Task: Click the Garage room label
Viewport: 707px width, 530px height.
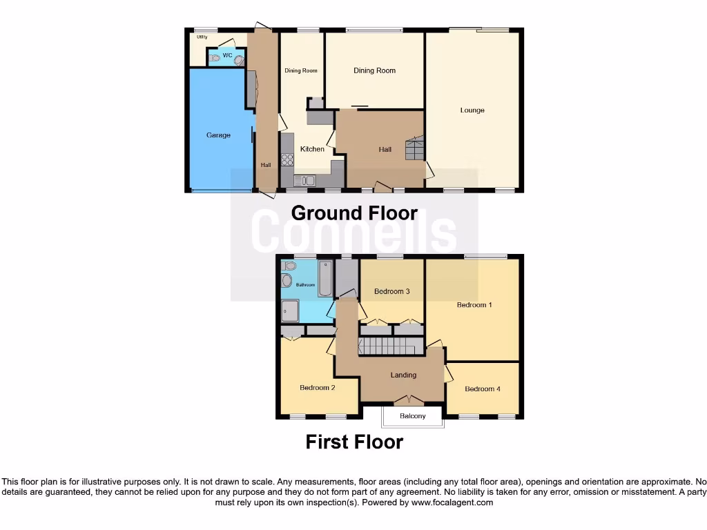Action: [218, 135]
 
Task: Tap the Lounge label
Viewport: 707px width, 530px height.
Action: [472, 110]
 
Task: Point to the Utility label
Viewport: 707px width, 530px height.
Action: [202, 37]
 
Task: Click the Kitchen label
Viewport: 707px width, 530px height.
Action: [312, 149]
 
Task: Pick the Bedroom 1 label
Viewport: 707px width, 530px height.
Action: [474, 304]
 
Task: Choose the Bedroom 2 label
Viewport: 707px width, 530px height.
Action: [318, 388]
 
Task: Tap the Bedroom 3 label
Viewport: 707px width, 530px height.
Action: [392, 291]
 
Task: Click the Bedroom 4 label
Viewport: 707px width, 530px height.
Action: [483, 389]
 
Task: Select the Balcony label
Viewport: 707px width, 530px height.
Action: [413, 416]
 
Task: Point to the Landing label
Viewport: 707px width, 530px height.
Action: [403, 375]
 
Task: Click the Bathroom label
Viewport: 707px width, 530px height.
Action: [305, 285]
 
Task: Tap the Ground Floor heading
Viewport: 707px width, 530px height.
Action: [354, 213]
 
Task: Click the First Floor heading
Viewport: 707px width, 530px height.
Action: [354, 442]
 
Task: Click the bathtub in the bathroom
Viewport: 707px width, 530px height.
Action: [325, 278]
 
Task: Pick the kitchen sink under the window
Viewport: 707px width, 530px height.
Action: [304, 181]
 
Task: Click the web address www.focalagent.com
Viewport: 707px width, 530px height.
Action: [452, 503]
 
